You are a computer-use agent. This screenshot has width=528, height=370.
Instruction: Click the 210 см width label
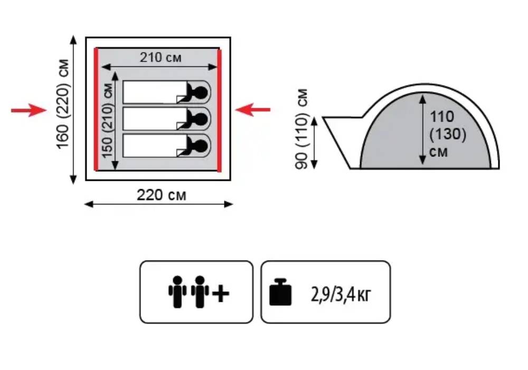point(161,57)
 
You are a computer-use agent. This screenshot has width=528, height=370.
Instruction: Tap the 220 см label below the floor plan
point(161,195)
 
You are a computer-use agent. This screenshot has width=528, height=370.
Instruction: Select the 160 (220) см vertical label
point(63,104)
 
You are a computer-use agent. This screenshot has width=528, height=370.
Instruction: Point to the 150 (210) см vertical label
point(107,121)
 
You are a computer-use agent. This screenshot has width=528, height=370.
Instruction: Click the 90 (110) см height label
point(301,129)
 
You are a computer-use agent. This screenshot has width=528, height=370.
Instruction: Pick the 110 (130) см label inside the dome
point(448,134)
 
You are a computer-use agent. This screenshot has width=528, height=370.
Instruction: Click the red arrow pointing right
point(29,110)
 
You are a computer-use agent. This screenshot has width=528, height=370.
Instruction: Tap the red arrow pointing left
point(252,109)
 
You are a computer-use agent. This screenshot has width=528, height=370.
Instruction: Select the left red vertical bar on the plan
point(96,109)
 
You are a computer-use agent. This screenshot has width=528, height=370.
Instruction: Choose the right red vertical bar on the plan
point(220,110)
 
